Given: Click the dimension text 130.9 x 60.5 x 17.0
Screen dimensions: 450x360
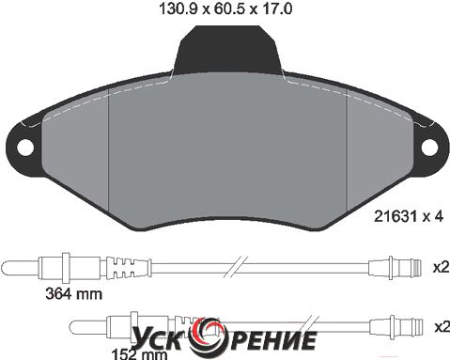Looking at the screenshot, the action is (x=225, y=8).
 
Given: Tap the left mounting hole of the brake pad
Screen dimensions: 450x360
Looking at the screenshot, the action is (x=24, y=148).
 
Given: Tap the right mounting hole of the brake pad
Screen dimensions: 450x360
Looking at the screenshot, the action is (x=429, y=147).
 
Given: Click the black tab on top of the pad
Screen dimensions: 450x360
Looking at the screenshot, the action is (x=227, y=50).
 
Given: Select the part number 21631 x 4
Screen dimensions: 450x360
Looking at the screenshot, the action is (x=409, y=216).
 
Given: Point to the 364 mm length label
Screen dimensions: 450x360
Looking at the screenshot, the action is (x=74, y=294).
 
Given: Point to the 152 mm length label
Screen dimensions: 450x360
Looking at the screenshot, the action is (x=140, y=355).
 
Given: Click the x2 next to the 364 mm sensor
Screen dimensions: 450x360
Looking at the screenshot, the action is (x=442, y=268).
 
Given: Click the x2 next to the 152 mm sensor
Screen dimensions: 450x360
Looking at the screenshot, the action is (x=442, y=327).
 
